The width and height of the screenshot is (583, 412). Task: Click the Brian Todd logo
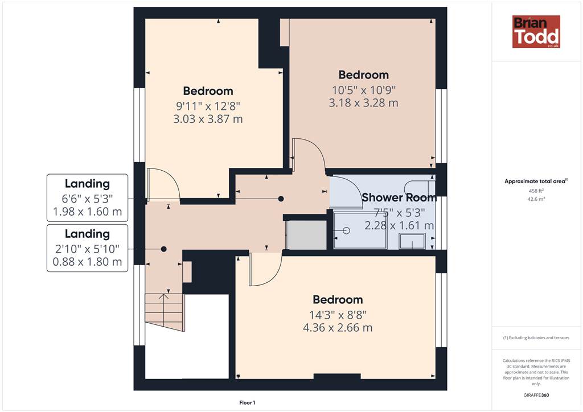coord(536,31)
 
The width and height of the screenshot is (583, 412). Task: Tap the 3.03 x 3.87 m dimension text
coord(208,119)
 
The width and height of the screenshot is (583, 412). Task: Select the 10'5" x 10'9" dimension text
coord(363,90)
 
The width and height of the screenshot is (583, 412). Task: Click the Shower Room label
coord(399,197)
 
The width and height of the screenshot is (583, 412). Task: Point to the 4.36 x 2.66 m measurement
coord(338,328)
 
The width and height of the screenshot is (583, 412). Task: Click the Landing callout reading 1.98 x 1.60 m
coord(87,197)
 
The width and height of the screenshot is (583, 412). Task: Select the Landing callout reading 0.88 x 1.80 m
coord(87,248)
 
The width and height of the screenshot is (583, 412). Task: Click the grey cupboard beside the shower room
coord(306,235)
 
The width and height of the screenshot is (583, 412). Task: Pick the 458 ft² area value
coord(535,191)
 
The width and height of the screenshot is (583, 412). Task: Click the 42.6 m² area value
coord(535,199)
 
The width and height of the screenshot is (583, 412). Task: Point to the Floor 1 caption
coord(247,402)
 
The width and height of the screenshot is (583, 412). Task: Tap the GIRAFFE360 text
coord(536,395)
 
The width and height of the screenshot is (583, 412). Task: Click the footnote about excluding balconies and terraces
coord(536,337)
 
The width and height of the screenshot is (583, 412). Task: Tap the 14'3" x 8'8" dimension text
coord(338,315)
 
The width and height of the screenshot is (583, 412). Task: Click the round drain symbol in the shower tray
coord(347,230)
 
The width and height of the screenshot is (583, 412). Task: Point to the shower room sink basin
coord(412,241)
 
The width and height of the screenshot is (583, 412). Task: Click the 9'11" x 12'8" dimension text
coord(208,106)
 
